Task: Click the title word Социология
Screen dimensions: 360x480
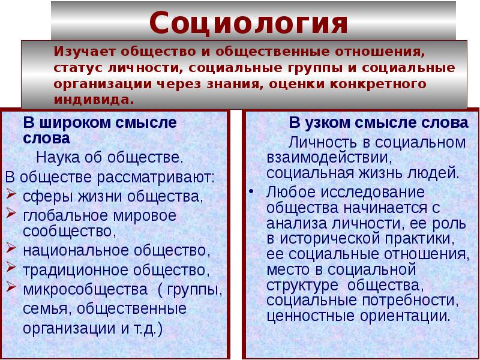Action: tap(248, 23)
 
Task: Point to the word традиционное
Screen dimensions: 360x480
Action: tap(66, 270)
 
